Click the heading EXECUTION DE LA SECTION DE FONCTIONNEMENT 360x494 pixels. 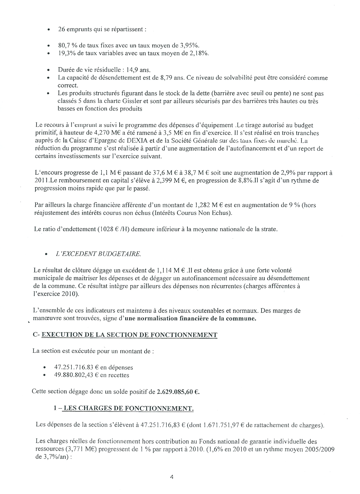click(x=129, y=335)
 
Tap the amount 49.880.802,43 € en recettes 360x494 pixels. click(x=92, y=375)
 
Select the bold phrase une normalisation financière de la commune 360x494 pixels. click(x=190, y=319)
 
